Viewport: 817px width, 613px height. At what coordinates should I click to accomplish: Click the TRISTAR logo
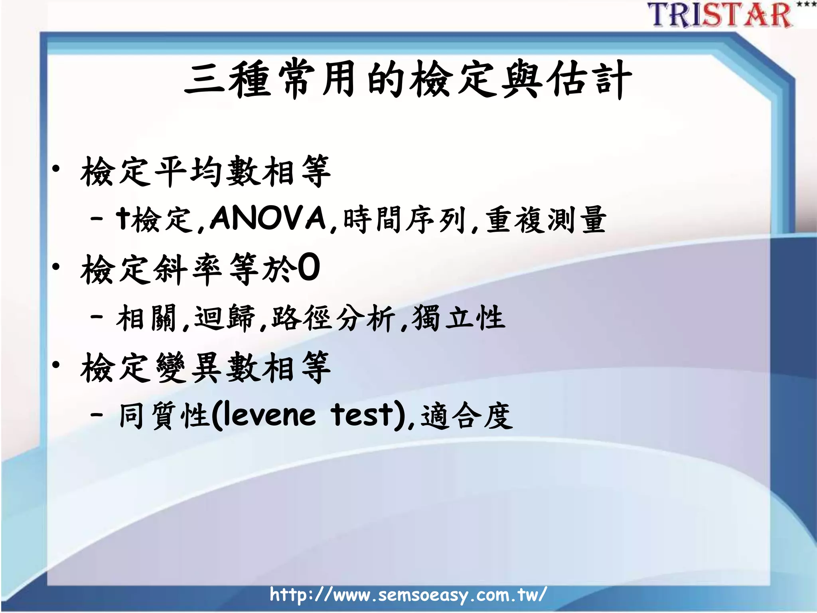(x=720, y=15)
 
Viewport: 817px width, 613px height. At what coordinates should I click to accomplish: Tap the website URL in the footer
(x=408, y=595)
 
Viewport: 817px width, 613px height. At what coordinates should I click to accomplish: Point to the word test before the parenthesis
(x=362, y=415)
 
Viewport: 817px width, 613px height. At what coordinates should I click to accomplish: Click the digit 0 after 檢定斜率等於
(x=309, y=268)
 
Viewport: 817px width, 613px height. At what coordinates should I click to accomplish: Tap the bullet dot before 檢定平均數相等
(x=56, y=170)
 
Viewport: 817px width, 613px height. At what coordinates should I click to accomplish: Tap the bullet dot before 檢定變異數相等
(x=56, y=364)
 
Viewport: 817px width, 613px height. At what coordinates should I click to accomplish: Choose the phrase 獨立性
(x=459, y=318)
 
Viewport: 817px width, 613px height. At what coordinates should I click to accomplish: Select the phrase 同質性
(x=164, y=416)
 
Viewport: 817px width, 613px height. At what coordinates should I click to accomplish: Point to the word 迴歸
(x=224, y=318)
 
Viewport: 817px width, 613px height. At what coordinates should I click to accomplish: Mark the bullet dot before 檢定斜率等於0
(x=56, y=267)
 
